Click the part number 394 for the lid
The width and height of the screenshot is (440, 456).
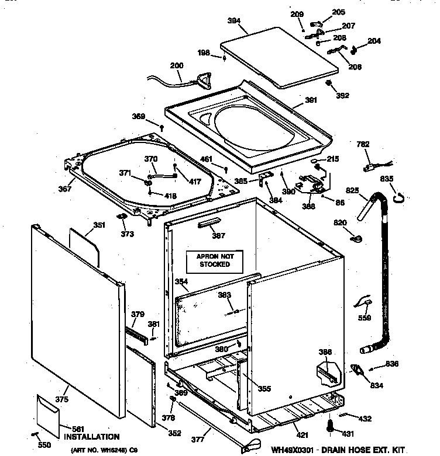click(235, 20)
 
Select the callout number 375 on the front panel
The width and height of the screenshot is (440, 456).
click(62, 399)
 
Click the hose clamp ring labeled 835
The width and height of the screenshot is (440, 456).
click(400, 197)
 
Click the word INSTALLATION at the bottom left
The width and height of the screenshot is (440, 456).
click(91, 437)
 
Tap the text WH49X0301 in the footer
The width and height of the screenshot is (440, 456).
click(296, 450)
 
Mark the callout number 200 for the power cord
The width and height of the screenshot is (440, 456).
click(176, 65)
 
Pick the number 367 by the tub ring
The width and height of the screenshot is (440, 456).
click(65, 189)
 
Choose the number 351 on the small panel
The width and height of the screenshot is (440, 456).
click(82, 225)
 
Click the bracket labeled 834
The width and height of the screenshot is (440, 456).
click(356, 370)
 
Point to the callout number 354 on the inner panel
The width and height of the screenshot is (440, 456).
click(181, 282)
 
